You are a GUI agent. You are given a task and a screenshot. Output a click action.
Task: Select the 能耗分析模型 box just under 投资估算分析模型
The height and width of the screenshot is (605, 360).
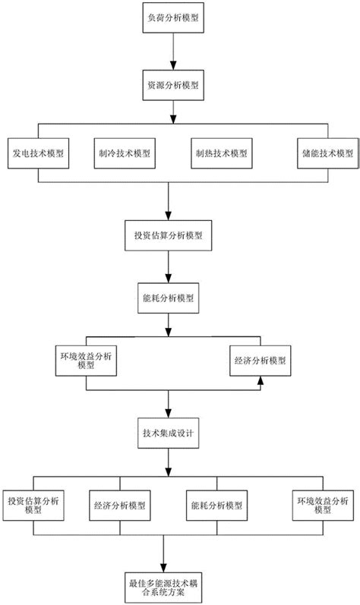point(168,298)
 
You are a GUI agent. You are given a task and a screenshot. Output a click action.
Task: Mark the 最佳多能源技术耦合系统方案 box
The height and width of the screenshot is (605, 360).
point(168,586)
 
